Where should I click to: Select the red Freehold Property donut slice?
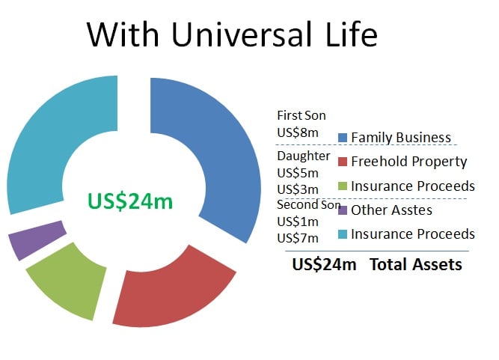pyautogui.click(x=172, y=293)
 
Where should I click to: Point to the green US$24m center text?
pyautogui.click(x=130, y=201)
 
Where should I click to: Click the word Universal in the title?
pyautogui.click(x=242, y=34)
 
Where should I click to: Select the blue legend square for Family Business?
pyautogui.click(x=343, y=138)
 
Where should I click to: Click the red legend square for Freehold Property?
pyautogui.click(x=343, y=162)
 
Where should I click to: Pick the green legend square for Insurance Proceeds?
pyautogui.click(x=343, y=186)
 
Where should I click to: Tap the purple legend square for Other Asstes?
pyautogui.click(x=343, y=210)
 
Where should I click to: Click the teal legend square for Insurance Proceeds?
pyautogui.click(x=343, y=234)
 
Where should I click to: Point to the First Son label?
pyautogui.click(x=301, y=115)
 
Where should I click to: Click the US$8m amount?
pyautogui.click(x=298, y=132)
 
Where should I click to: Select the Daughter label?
pyautogui.click(x=304, y=156)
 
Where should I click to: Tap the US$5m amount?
pyautogui.click(x=298, y=173)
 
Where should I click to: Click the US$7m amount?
pyautogui.click(x=298, y=238)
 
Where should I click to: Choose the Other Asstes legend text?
pyautogui.click(x=391, y=210)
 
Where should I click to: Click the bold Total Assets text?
pyautogui.click(x=416, y=264)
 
